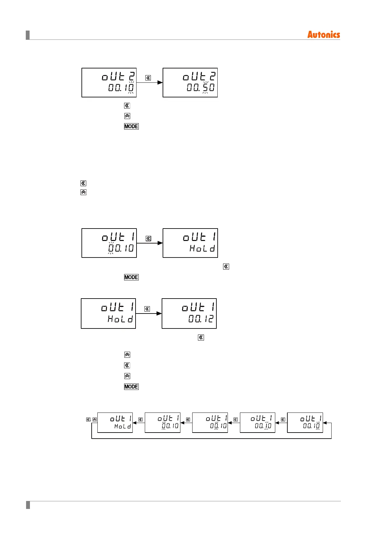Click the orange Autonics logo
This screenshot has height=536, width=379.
[323, 35]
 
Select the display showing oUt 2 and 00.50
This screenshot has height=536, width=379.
[190, 82]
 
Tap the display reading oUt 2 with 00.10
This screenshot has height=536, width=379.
[109, 82]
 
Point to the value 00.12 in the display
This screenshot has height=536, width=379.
[201, 319]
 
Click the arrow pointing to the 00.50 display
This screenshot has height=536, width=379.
[150, 83]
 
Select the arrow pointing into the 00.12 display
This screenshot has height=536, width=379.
[149, 314]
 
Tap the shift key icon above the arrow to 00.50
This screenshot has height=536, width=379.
[148, 78]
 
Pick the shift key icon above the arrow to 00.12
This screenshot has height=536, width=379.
[147, 309]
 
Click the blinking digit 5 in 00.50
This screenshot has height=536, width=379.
[205, 87]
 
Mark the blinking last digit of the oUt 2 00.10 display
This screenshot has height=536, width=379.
[131, 87]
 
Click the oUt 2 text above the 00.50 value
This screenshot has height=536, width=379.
[199, 76]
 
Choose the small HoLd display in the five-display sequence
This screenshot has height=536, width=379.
[115, 422]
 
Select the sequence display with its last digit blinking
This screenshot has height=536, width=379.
[305, 422]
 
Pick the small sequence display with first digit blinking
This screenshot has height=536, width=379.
[162, 422]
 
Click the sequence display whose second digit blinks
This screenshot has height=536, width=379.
[210, 422]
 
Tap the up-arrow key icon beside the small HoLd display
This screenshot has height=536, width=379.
[95, 420]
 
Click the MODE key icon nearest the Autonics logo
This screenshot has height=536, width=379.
[131, 126]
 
